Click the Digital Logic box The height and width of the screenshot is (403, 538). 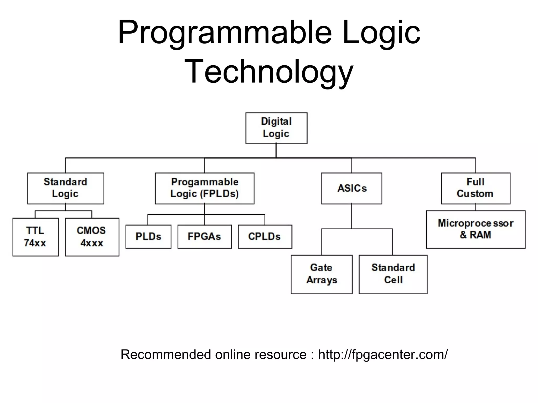tap(276, 128)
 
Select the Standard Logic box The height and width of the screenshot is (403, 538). tap(65, 188)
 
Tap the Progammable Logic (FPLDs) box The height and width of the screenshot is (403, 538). tap(205, 188)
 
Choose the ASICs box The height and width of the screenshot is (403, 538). tap(351, 188)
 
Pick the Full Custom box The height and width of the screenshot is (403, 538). tap(475, 188)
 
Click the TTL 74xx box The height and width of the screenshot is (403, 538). tap(35, 237)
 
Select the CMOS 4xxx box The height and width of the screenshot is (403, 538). tap(92, 237)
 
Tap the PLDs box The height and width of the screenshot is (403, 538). tap(148, 237)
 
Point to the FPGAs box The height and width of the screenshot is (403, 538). tap(205, 237)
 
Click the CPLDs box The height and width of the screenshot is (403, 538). tap(265, 237)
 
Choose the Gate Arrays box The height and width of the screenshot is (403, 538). tap(322, 274)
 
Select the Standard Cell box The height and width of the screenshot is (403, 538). tap(393, 274)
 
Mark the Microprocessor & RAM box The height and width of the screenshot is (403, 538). tap(476, 229)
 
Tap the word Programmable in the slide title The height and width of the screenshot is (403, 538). tap(225, 33)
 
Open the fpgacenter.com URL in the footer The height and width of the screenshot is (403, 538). tap(383, 354)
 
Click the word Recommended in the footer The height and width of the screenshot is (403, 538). tap(166, 354)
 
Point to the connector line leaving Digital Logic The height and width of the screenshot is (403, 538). tap(276, 151)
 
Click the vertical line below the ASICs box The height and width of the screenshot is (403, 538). tap(351, 216)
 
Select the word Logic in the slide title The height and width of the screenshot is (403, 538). tap(381, 33)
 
